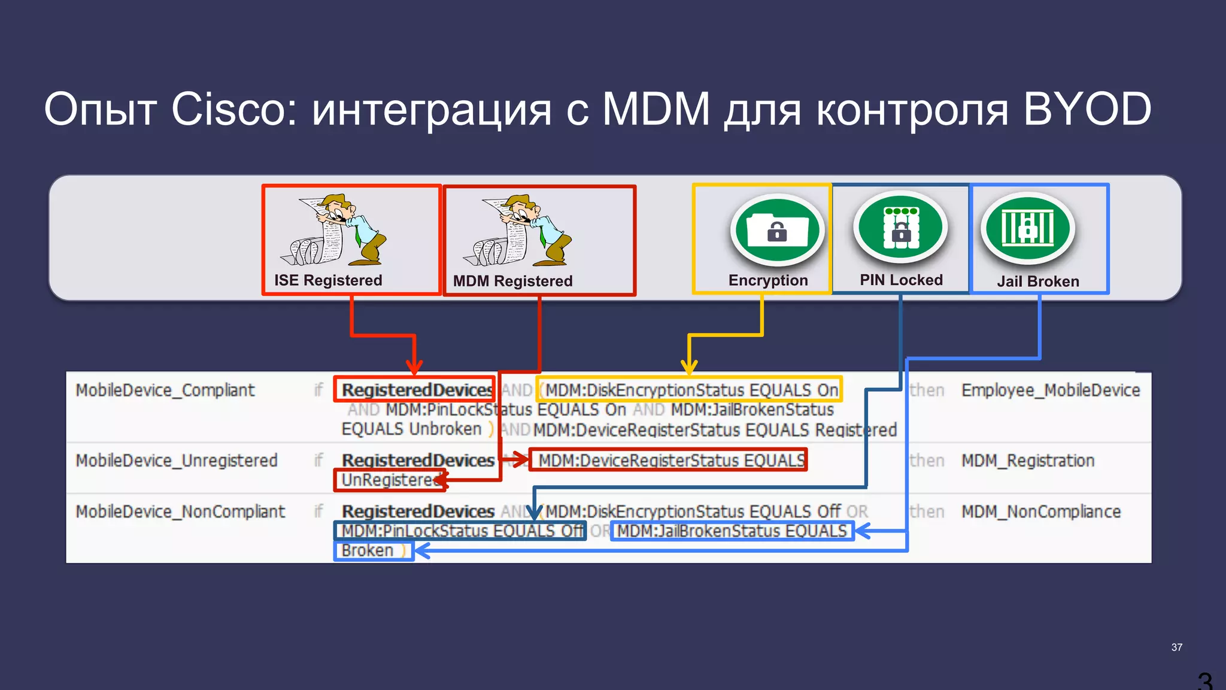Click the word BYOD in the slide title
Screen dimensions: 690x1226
coord(1087,109)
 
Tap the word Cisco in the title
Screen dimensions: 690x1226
coord(233,109)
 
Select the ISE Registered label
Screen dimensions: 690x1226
coord(328,280)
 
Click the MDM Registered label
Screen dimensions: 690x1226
coord(512,281)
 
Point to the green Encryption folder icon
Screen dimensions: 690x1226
coord(777,229)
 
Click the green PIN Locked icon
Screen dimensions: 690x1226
coord(900,228)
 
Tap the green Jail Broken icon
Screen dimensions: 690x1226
coord(1028,228)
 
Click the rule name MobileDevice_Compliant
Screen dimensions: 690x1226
coord(165,391)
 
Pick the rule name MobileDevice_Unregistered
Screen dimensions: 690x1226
coord(177,461)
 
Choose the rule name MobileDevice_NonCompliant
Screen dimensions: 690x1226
coord(180,512)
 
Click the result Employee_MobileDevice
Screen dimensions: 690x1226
coord(1051,391)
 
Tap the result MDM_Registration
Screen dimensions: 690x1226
coord(1028,461)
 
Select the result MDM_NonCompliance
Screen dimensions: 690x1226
coord(1041,512)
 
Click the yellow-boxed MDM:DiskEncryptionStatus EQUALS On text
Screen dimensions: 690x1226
coord(691,390)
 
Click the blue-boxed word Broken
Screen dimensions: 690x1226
coord(368,550)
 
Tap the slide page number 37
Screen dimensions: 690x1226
coord(1176,647)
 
